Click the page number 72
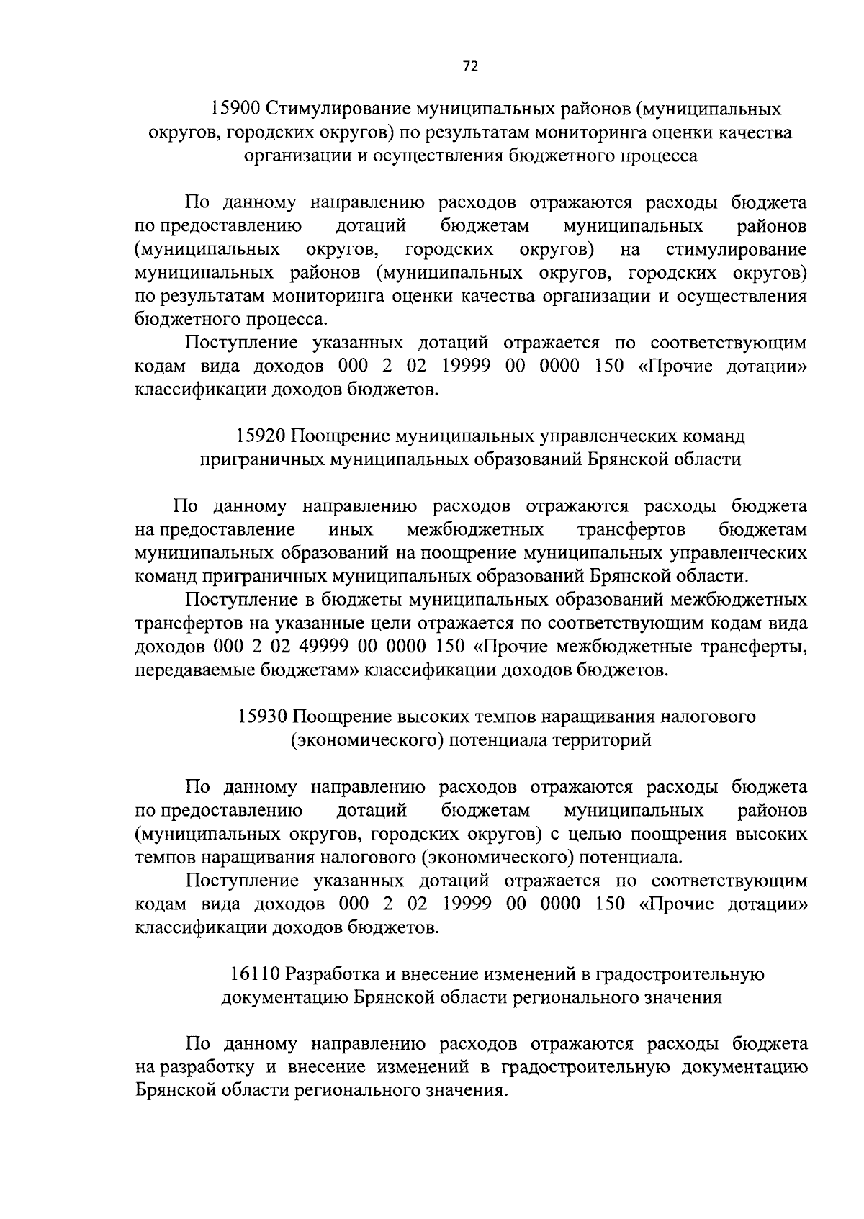pos(469,67)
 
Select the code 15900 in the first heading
pos(235,109)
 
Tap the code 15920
pos(260,436)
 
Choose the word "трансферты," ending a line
pos(754,647)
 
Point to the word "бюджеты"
pos(361,600)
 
